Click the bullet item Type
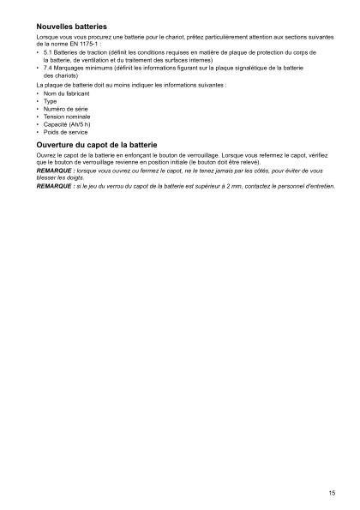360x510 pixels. click(49, 101)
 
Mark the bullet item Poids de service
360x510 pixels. click(61, 133)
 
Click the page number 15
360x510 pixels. click(331, 492)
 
